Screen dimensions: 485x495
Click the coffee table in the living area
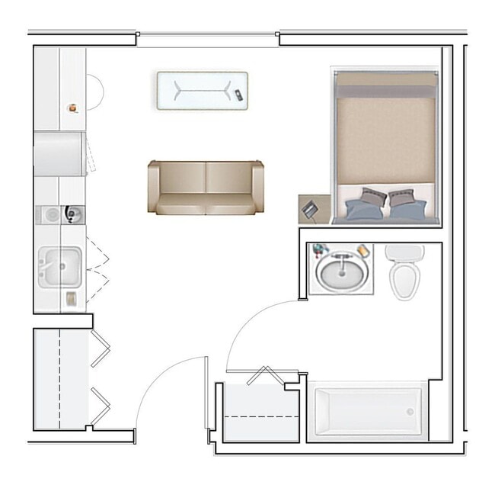pyautogui.click(x=202, y=92)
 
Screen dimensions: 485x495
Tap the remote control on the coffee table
pyautogui.click(x=239, y=95)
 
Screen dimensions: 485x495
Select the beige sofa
pyautogui.click(x=206, y=188)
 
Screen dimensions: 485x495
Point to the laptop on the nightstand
pyautogui.click(x=311, y=207)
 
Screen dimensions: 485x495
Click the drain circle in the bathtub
pyautogui.click(x=410, y=412)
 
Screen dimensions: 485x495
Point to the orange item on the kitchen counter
pyautogui.click(x=72, y=108)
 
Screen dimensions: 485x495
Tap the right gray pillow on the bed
pyautogui.click(x=400, y=198)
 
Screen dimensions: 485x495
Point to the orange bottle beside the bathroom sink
pyautogui.click(x=364, y=250)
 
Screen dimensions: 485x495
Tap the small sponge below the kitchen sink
pyautogui.click(x=71, y=299)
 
